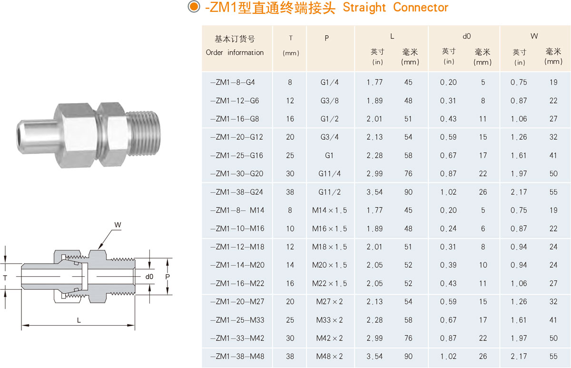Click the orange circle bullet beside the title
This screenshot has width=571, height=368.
click(x=194, y=6)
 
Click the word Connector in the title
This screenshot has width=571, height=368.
click(x=421, y=7)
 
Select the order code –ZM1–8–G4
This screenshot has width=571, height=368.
click(x=233, y=82)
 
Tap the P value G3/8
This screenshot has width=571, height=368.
click(x=329, y=101)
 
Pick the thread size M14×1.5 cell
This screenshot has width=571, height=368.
click(x=329, y=210)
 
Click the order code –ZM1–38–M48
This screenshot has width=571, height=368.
click(x=237, y=356)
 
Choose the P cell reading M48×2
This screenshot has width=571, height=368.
click(x=329, y=356)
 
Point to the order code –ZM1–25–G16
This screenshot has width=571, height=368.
click(x=236, y=155)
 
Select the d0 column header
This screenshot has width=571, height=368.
click(x=466, y=37)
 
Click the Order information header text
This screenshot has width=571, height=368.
click(x=235, y=52)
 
